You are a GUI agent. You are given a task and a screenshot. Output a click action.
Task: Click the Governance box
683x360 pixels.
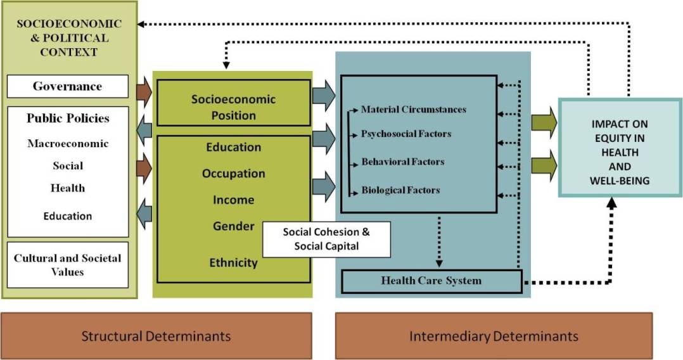[67, 86]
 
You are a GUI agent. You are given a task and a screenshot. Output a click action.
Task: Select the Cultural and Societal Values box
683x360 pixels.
[67, 265]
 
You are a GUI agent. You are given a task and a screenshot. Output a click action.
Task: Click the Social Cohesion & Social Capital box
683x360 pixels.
[326, 239]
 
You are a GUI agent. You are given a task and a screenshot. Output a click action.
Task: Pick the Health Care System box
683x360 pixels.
[431, 281]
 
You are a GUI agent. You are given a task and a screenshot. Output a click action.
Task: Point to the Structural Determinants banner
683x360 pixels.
[156, 335]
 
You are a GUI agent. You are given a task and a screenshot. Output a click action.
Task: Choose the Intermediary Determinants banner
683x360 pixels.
[493, 335]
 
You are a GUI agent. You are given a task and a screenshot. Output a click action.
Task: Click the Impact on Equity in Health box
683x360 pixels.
[620, 147]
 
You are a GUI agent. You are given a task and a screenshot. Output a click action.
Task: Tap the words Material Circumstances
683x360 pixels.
[413, 110]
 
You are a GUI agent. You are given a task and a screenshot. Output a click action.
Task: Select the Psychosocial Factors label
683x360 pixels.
[406, 134]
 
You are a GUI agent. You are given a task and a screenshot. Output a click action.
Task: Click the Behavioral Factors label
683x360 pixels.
[402, 162]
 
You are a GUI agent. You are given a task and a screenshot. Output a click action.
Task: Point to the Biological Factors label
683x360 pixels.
[400, 190]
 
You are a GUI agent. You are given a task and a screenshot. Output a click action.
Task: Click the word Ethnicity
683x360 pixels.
[233, 262]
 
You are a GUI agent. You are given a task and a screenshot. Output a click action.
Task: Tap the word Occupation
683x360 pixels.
[233, 174]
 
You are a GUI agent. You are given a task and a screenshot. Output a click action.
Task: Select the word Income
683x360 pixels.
[233, 200]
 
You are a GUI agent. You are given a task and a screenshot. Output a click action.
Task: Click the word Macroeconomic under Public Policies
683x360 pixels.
[68, 144]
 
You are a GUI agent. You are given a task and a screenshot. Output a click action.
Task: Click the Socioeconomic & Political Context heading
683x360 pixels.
[68, 38]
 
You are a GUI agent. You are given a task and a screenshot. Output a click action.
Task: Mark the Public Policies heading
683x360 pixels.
[68, 119]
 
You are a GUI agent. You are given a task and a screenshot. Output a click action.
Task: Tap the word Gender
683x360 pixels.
[233, 226]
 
